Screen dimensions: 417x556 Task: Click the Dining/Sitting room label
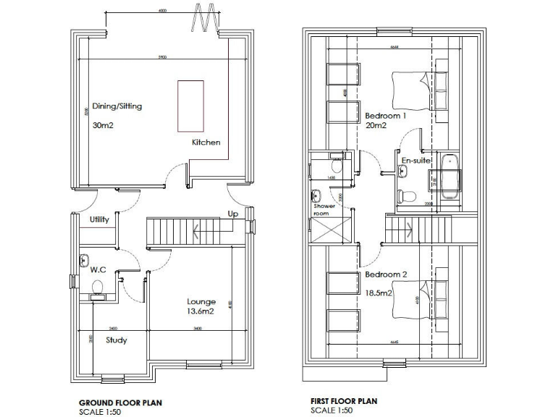(117, 106)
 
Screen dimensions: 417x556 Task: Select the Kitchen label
(206, 143)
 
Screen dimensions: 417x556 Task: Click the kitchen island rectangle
(190, 106)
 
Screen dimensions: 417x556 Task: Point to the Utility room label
(99, 220)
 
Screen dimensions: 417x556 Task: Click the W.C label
(98, 270)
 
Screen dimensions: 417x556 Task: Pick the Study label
(117, 340)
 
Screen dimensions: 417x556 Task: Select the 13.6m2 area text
(202, 313)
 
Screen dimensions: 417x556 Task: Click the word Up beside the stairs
(232, 215)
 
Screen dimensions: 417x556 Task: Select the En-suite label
(416, 159)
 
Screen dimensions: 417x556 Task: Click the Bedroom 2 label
(385, 275)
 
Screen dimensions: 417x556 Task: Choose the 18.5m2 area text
(378, 293)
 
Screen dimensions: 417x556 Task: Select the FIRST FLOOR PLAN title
(344, 401)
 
